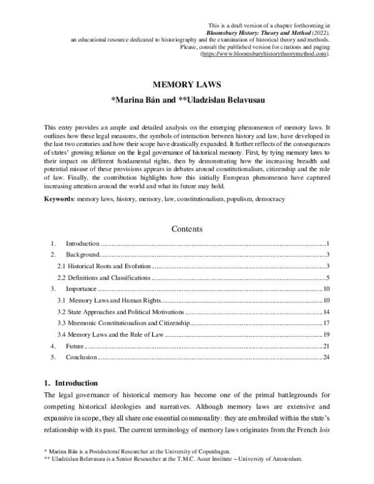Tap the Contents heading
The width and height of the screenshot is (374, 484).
[186, 229]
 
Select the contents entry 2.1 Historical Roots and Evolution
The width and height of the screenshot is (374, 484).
[99, 267]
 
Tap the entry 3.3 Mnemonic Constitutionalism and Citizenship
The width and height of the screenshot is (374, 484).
[122, 323]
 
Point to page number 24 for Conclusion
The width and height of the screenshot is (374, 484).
[325, 357]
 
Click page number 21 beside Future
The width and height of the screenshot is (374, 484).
[325, 346]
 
